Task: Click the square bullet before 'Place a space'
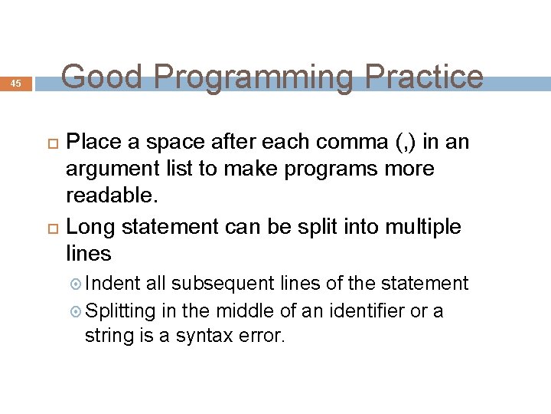click(53, 143)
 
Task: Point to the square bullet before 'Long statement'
click(53, 228)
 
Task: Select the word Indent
click(112, 284)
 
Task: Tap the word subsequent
click(223, 284)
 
